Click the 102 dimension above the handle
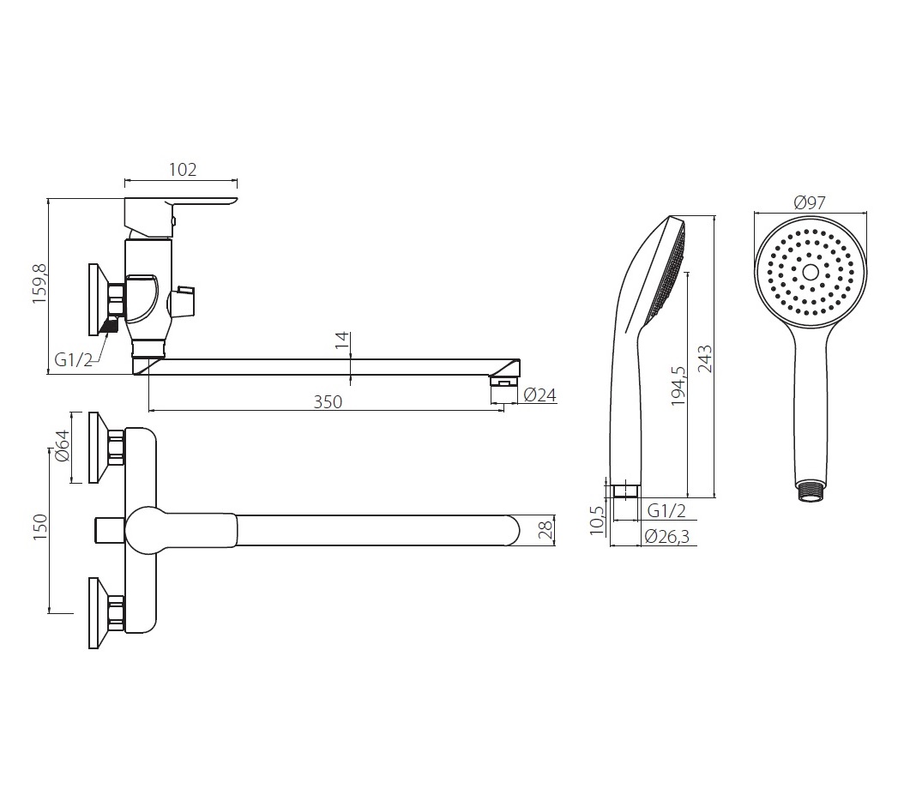[183, 170]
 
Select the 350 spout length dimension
[328, 402]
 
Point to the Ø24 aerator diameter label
[540, 394]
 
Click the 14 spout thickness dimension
[342, 340]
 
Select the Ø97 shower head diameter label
[810, 202]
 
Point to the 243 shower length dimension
[704, 358]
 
